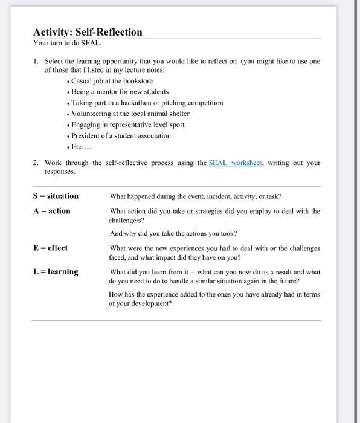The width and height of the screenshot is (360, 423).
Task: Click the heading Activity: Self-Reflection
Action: [88, 32]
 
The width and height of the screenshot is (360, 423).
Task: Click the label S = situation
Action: [55, 196]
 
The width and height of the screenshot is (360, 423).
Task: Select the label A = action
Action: [51, 211]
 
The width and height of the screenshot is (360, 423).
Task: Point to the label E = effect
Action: [50, 248]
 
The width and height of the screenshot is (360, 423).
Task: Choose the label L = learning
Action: [55, 272]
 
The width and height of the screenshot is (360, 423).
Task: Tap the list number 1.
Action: [36, 61]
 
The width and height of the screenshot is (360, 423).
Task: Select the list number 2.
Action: [36, 163]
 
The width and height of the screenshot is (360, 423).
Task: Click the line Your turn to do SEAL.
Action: [67, 44]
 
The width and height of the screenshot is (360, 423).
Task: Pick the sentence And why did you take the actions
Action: [173, 233]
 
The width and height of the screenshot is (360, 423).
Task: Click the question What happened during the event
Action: [196, 196]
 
